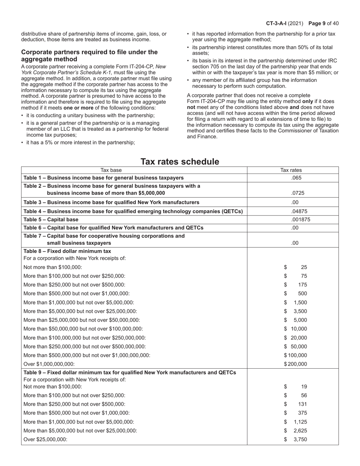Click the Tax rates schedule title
pyautogui.click(x=180, y=162)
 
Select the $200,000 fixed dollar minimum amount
pyautogui.click(x=296, y=364)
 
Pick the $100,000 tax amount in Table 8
pyautogui.click(x=296, y=355)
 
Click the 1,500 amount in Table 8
pyautogui.click(x=300, y=302)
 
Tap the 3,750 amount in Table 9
pyautogui.click(x=300, y=439)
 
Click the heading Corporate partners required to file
pyautogui.click(x=89, y=56)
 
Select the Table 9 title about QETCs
pyautogui.click(x=130, y=372)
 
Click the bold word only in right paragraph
pyautogui.click(x=307, y=102)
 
